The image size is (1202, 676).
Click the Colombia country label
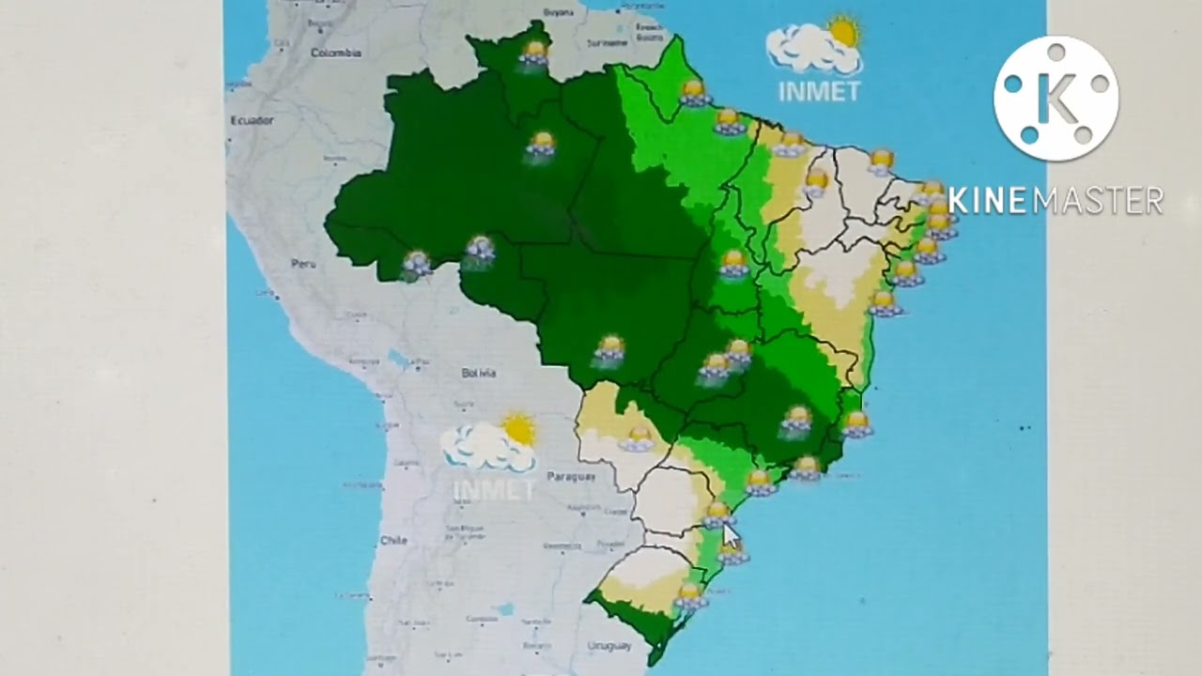[336, 53]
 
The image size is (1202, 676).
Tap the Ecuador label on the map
[252, 120]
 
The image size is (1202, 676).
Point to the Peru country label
[302, 265]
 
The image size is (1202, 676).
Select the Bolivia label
[478, 373]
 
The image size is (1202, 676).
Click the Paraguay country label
[571, 476]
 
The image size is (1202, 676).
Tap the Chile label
[393, 540]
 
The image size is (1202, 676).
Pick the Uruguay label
[609, 646]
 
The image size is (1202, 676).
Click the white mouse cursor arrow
[730, 537]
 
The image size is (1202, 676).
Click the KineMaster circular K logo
[1056, 99]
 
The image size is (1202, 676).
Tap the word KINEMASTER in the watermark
[1056, 200]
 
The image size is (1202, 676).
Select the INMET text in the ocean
[819, 91]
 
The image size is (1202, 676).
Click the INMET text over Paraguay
[494, 489]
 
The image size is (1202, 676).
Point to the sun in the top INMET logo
[843, 32]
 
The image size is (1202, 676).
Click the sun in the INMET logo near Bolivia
[518, 429]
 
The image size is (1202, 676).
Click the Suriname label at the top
[607, 42]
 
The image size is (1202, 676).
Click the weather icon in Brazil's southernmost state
[690, 594]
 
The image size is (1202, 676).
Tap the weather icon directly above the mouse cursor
[718, 514]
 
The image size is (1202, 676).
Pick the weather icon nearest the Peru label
[416, 264]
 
